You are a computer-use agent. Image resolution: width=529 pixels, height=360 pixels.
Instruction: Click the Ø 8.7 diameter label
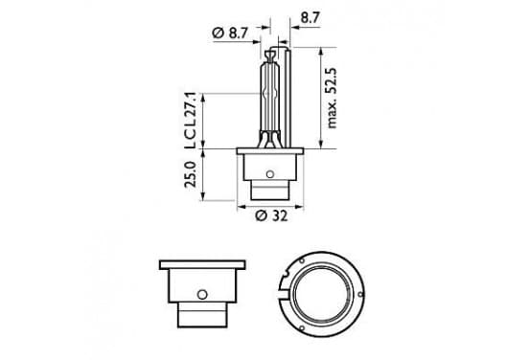coord(230,34)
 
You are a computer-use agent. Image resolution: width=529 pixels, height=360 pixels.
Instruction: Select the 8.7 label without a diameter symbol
coord(310,17)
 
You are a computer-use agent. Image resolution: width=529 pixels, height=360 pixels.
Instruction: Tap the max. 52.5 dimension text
coord(332,98)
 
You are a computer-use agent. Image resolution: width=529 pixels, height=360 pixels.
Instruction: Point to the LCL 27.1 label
coord(190,121)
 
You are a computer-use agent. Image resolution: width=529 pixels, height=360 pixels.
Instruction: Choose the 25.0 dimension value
coord(191,174)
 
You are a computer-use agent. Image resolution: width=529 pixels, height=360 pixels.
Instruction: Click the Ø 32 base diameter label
coord(271,215)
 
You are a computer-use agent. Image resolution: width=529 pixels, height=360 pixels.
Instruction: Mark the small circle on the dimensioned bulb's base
coord(269,174)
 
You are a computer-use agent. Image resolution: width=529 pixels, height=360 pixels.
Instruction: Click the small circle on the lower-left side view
coord(202,295)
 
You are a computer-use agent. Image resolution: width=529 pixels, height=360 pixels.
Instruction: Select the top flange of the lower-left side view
coord(202,264)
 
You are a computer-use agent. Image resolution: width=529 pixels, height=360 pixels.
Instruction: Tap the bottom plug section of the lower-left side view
coord(202,314)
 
